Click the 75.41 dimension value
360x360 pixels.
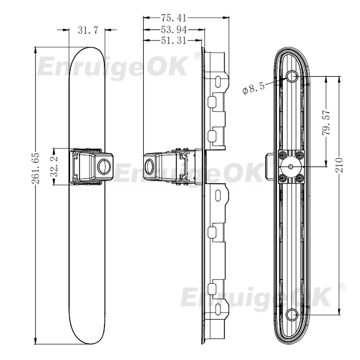pos(174,18)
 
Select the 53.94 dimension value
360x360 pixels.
pos(174,30)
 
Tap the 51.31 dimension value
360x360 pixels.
pos(174,40)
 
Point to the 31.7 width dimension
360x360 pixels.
pos(88,30)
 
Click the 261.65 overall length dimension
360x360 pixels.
pos(36,168)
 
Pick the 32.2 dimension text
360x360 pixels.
pos(54,166)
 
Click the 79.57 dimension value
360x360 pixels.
pos(326,123)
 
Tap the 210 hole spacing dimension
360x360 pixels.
pos(339,165)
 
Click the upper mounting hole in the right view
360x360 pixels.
pos(292,76)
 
